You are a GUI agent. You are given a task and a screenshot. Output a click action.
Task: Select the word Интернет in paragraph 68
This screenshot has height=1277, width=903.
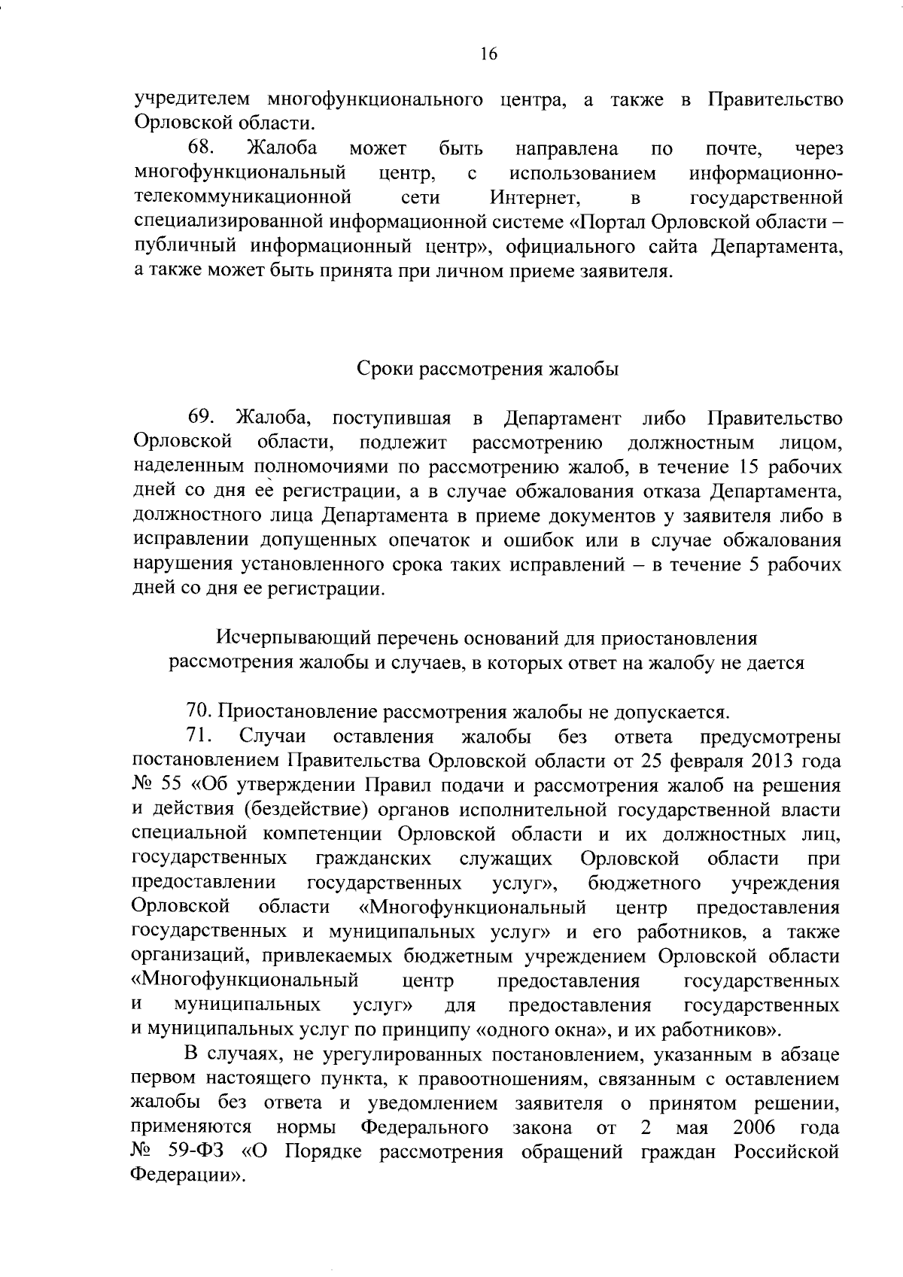(534, 198)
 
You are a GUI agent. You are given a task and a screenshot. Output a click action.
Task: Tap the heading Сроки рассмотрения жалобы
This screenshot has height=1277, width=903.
(487, 369)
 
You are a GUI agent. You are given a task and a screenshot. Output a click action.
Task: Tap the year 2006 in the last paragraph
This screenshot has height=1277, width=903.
(752, 1128)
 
